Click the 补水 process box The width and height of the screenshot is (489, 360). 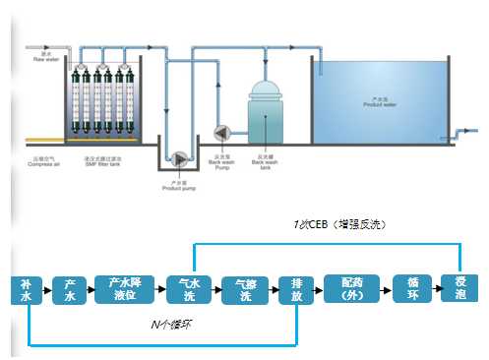(x=27, y=290)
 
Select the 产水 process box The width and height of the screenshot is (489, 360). (x=70, y=290)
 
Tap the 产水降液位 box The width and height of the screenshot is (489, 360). (x=125, y=289)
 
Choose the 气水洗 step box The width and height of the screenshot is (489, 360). (x=183, y=290)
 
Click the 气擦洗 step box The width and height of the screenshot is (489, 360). (x=239, y=290)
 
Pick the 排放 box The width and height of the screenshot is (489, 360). (x=296, y=290)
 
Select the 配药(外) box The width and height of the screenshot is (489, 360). (x=349, y=288)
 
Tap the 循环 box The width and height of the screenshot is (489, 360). (x=412, y=288)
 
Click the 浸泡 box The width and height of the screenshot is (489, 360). (x=460, y=288)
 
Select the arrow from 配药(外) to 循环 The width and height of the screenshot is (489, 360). (x=384, y=288)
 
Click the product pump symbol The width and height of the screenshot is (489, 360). (x=180, y=158)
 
